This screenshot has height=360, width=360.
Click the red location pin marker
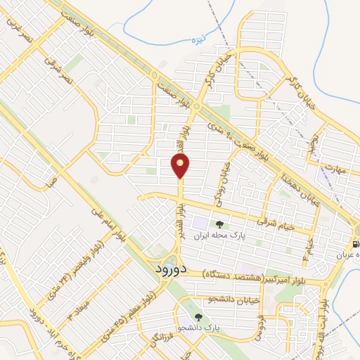tap(181, 167)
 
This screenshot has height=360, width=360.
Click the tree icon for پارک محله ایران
tap(221, 225)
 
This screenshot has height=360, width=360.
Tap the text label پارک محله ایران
tap(243, 238)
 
